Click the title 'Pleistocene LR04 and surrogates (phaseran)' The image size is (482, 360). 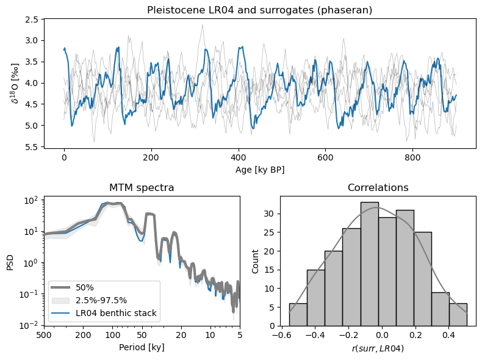259,10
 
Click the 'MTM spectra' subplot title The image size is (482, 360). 142,188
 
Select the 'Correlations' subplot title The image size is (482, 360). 378,188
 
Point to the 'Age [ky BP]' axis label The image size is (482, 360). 259,169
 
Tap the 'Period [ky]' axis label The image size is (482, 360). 142,347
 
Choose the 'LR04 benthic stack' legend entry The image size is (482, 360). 117,314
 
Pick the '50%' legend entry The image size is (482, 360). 85,287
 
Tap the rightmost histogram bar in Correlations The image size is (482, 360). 458,314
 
